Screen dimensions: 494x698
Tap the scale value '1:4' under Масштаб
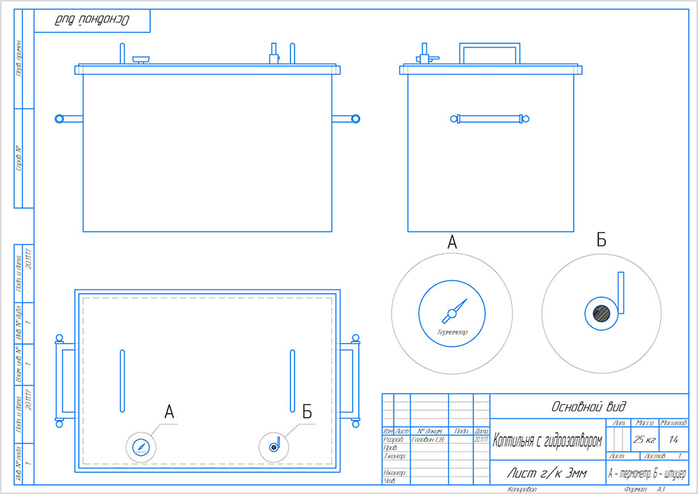click(674, 440)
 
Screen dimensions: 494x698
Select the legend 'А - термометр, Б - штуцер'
click(648, 474)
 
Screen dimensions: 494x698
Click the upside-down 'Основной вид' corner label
click(93, 20)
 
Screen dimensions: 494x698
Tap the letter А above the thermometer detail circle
click(452, 243)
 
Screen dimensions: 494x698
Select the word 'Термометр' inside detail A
click(452, 331)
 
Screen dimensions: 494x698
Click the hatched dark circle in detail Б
click(601, 313)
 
